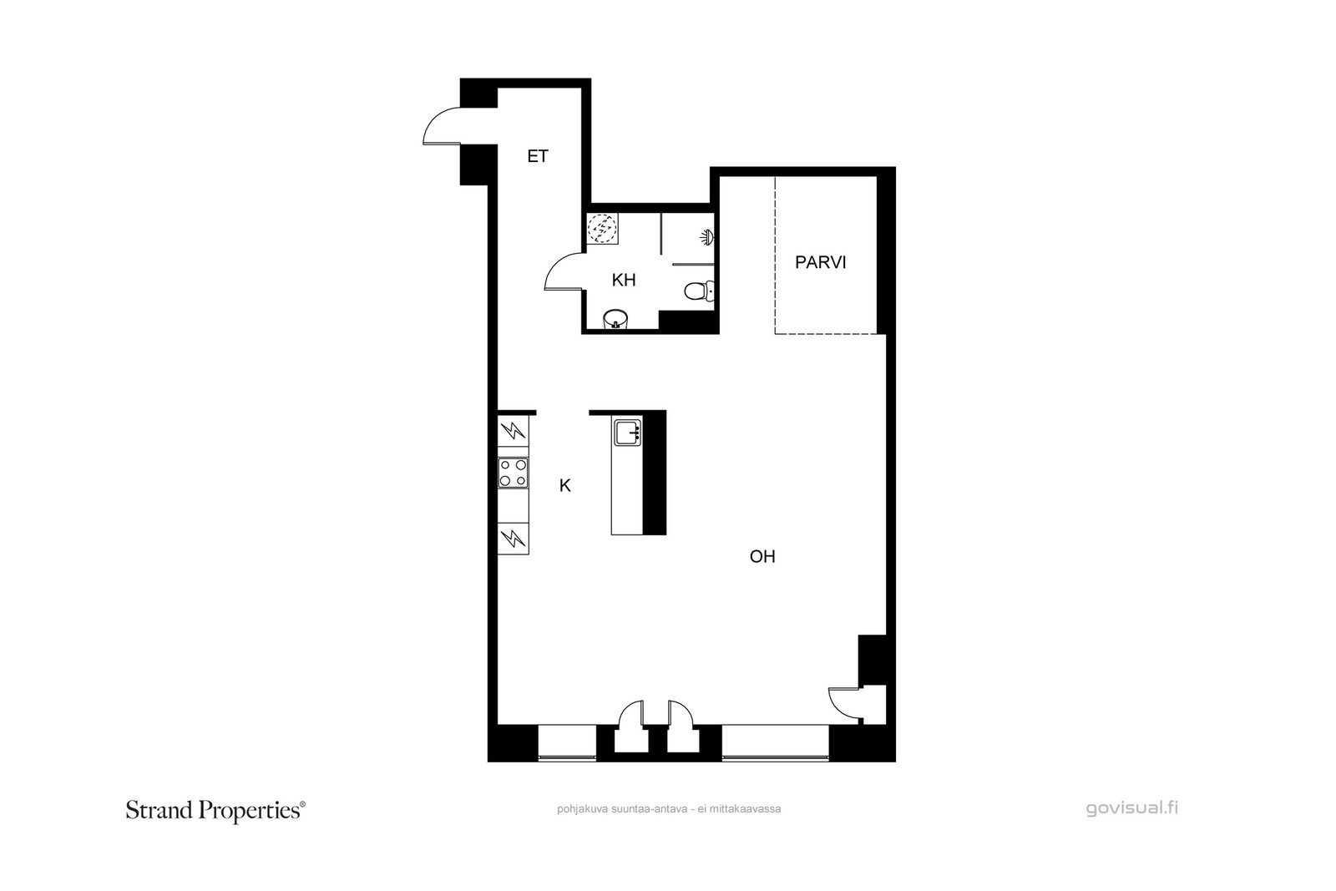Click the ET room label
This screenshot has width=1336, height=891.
pos(538,156)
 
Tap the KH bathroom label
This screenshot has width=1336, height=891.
pos(624,280)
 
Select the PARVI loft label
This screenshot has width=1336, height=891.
pos(821,262)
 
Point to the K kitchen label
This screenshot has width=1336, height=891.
pos(564,486)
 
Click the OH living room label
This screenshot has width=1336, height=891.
pos(762,556)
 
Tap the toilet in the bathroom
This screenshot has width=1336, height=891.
pos(699,291)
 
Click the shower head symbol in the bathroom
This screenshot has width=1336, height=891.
pos(707,237)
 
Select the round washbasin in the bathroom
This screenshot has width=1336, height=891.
pos(616,320)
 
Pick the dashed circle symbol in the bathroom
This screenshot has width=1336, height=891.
pos(602,229)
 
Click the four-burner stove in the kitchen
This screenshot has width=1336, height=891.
pos(513,473)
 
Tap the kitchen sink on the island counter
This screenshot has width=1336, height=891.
pos(627,433)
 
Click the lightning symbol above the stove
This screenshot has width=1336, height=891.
pos(513,430)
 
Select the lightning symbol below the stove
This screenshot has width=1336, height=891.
pos(513,539)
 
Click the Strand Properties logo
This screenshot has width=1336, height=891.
pos(215,811)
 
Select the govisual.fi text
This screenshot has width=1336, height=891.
pos(1132,808)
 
